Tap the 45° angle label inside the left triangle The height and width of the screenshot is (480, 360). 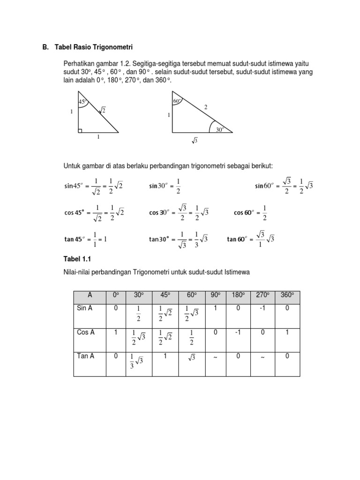point(83,102)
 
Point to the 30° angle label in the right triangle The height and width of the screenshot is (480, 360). point(220,130)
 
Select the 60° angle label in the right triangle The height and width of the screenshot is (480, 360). point(177,101)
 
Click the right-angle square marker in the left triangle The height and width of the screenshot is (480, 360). point(81,130)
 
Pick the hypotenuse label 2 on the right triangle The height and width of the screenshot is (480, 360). point(205,107)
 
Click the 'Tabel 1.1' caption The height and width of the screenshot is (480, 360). point(77,259)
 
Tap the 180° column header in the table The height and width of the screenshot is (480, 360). point(238,295)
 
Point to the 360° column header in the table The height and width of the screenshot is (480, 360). point(287,295)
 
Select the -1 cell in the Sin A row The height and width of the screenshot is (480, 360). point(262,308)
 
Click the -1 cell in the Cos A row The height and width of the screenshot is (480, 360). point(238,332)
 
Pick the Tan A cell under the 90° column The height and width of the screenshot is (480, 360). point(216,357)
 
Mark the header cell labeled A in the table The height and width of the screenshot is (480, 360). point(90,295)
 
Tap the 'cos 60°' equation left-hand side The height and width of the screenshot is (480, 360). point(244,213)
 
